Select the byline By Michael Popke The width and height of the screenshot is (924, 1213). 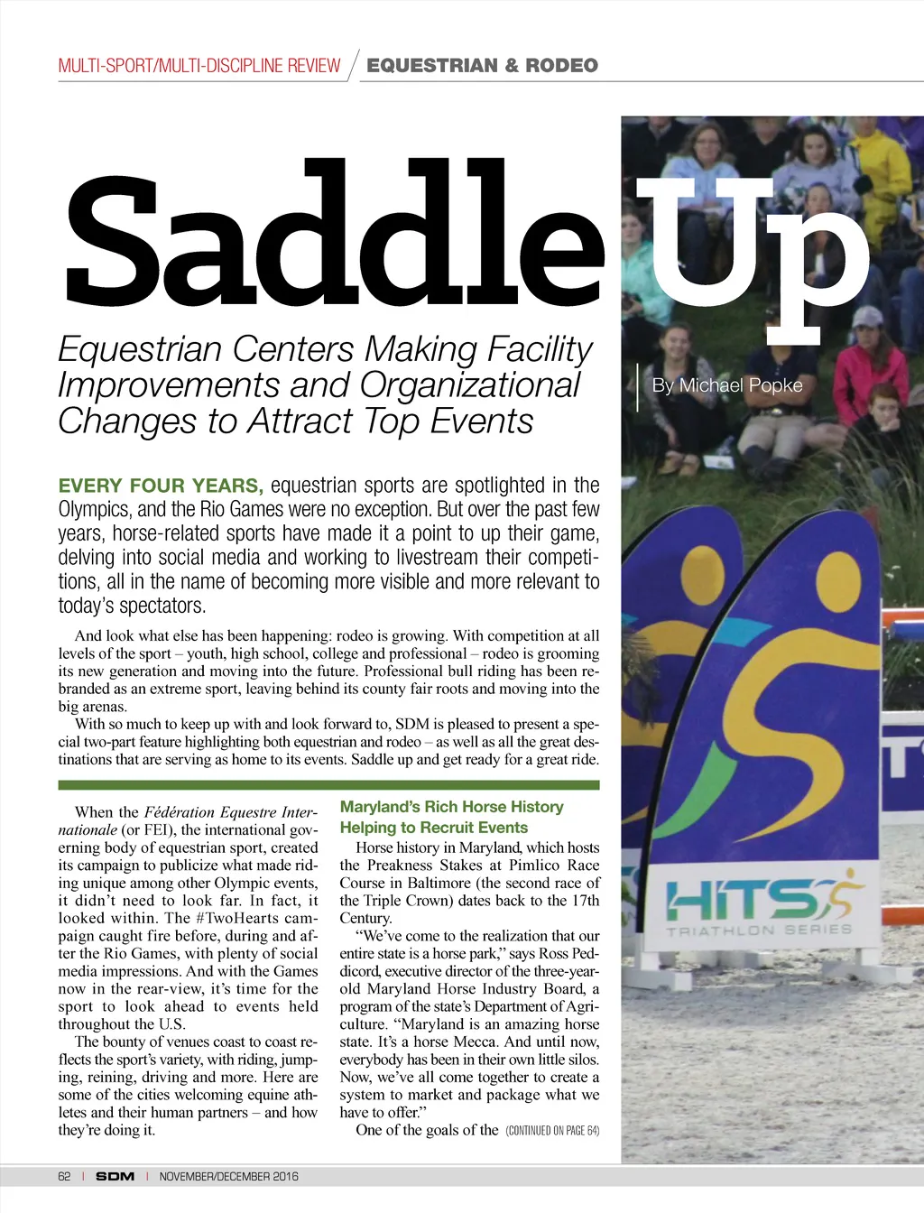point(727,385)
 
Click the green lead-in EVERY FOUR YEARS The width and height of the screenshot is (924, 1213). point(161,486)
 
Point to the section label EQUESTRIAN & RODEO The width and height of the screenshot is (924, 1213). point(482,65)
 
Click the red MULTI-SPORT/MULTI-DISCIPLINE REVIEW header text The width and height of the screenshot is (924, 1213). point(199,66)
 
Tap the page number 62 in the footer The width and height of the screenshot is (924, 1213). point(64,1176)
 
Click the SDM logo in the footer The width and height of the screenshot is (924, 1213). point(115,1176)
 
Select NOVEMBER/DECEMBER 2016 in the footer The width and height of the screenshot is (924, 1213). point(228,1176)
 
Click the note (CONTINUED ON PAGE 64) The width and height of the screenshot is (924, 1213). point(552,1131)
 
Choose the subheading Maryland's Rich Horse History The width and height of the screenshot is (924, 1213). point(451,807)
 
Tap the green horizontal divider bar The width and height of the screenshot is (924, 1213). point(328,785)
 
